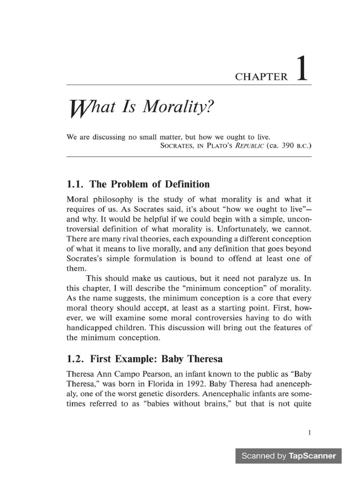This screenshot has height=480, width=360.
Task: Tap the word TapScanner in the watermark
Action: (312, 456)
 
